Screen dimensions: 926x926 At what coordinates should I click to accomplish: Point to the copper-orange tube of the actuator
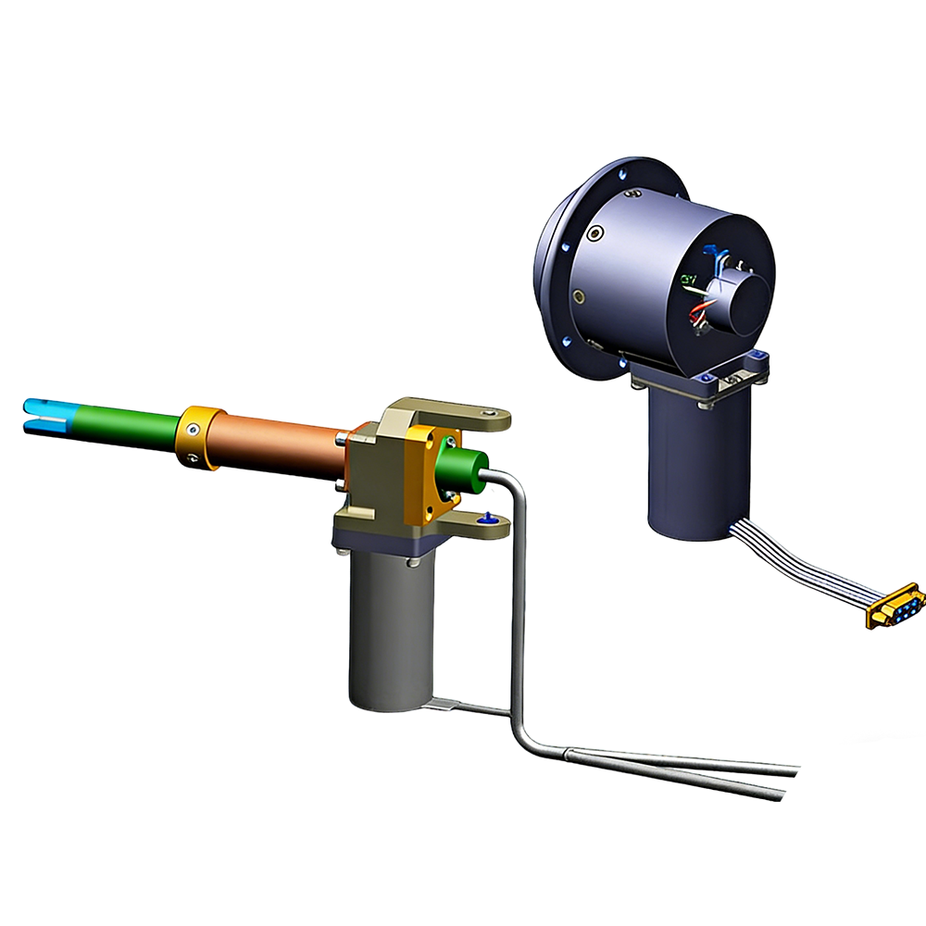[x=278, y=443]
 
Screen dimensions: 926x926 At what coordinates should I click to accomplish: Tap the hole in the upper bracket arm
[x=491, y=412]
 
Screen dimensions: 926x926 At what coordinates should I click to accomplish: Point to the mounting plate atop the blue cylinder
[x=704, y=380]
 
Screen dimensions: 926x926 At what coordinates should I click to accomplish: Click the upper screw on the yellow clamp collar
[x=191, y=428]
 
